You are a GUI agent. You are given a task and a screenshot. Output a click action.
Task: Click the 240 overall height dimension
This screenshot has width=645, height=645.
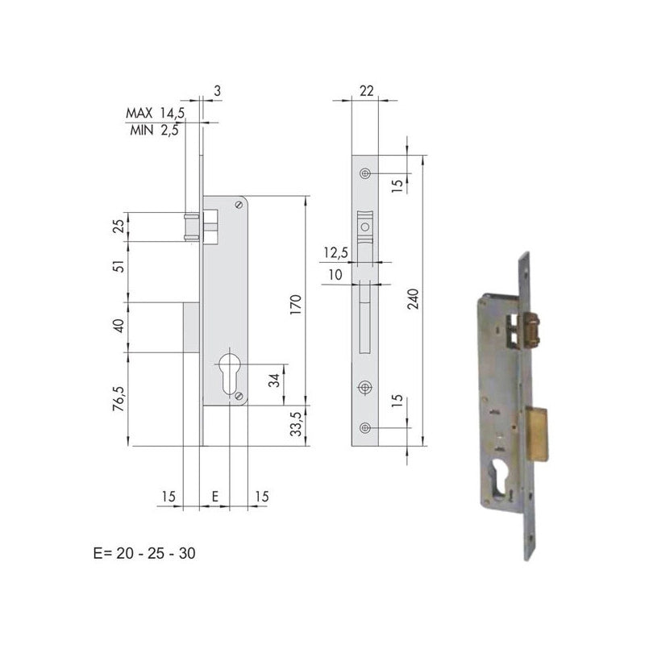(x=414, y=299)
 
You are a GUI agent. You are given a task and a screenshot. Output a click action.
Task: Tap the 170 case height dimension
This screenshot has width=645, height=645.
(x=296, y=305)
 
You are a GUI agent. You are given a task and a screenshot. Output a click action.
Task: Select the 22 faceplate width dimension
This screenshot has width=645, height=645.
(x=366, y=91)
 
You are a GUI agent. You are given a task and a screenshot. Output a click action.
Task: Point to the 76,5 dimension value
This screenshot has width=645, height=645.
(x=119, y=398)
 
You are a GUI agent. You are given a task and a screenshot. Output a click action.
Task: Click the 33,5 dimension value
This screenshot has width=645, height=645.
(x=296, y=424)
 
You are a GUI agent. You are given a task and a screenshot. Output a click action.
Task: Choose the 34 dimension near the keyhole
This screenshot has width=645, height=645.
(x=274, y=381)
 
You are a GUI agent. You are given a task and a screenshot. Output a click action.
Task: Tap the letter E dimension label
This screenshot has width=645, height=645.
(x=214, y=497)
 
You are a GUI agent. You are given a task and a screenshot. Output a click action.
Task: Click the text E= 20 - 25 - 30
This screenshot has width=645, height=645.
(x=144, y=553)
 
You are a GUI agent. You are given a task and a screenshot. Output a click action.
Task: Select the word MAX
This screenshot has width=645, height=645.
(x=139, y=113)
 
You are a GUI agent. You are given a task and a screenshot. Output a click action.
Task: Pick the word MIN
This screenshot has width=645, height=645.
(x=142, y=131)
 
